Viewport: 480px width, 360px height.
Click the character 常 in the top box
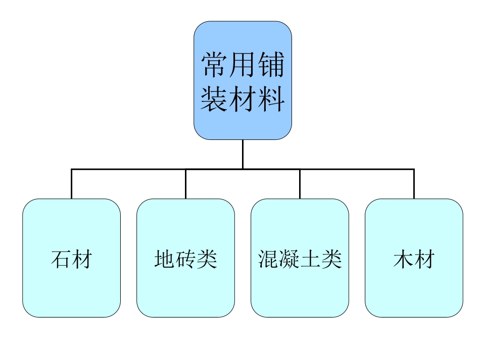(215, 65)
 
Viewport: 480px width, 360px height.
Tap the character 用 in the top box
(243, 65)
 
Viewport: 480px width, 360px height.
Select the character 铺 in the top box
(271, 65)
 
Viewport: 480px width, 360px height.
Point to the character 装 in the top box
(215, 98)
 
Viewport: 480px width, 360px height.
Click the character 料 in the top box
(271, 98)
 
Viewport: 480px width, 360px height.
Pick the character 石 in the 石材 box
(61, 259)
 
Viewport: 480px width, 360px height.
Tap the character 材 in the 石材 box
(82, 259)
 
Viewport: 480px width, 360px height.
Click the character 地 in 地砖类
(165, 259)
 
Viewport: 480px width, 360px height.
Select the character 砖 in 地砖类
(185, 259)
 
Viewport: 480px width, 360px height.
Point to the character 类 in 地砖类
(207, 259)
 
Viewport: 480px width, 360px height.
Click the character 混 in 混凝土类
(268, 259)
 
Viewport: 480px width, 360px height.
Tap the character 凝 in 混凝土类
(290, 259)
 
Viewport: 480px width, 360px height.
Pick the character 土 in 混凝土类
(310, 259)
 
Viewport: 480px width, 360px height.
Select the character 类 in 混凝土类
(331, 259)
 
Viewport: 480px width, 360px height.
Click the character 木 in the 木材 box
(403, 259)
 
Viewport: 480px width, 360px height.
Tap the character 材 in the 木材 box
(424, 259)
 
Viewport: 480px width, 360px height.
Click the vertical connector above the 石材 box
(71, 184)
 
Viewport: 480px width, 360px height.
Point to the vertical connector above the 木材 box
(414, 184)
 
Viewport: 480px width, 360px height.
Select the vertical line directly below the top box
(243, 154)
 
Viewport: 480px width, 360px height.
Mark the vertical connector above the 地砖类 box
(185, 184)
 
